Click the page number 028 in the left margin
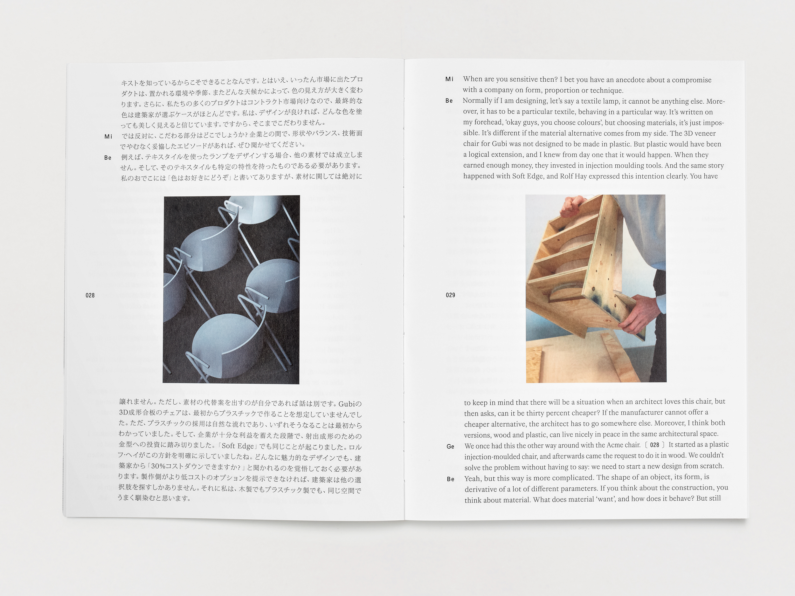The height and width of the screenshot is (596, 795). tap(90, 295)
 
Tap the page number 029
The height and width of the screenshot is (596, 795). tap(450, 295)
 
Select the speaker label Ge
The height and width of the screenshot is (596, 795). tap(450, 447)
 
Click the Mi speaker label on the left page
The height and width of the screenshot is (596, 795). tap(108, 136)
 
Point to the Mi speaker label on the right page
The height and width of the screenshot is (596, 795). tap(449, 79)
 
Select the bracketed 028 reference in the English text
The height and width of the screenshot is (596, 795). tap(654, 445)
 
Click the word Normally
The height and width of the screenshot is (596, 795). tap(477, 101)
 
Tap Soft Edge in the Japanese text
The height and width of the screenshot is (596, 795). tap(238, 446)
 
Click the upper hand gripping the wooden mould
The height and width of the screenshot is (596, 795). tap(574, 205)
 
